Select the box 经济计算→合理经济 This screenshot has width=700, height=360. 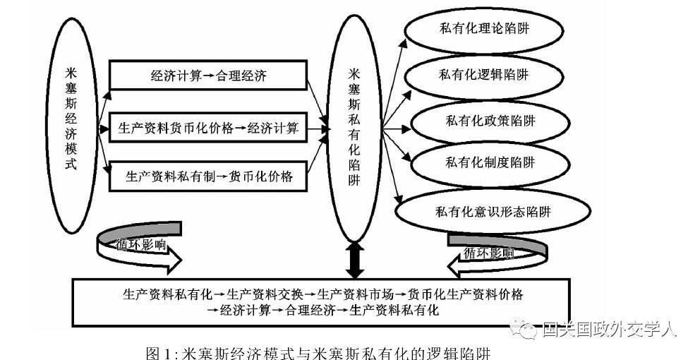[x=208, y=76]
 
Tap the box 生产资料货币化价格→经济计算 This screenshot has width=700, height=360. [x=208, y=128]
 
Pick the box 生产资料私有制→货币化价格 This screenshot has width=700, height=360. [x=208, y=176]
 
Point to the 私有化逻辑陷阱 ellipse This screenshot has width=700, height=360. [x=483, y=75]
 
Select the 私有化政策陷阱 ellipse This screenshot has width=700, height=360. [x=487, y=121]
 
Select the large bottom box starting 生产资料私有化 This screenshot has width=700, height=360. [x=321, y=301]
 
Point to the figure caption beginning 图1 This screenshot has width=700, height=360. [x=318, y=352]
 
